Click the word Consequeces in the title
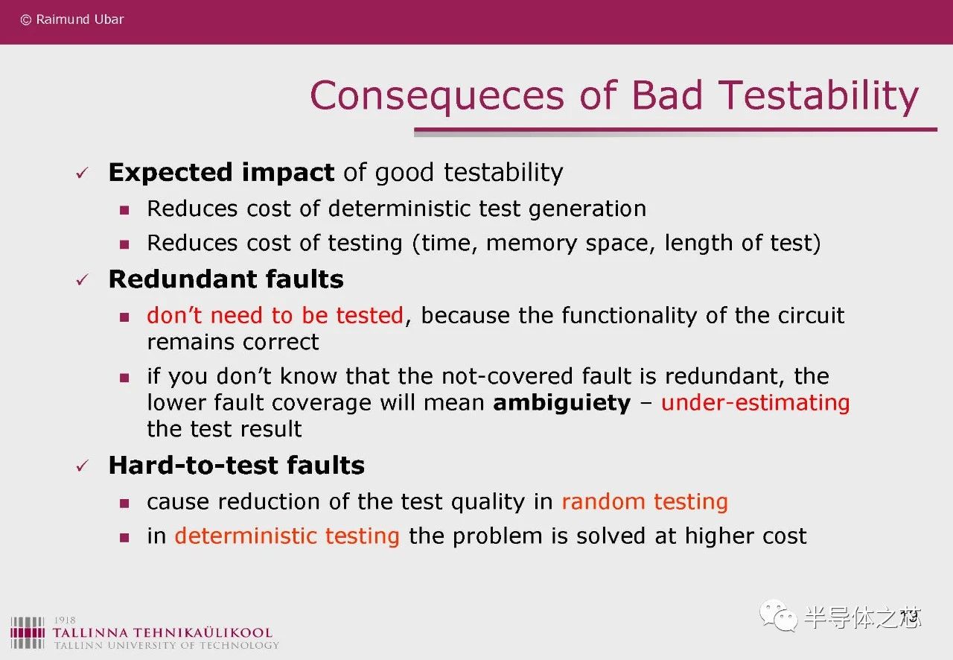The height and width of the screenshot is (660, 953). [437, 97]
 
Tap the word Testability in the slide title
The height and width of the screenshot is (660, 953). [818, 97]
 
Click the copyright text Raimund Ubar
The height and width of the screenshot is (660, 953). [80, 19]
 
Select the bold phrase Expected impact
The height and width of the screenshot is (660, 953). [221, 173]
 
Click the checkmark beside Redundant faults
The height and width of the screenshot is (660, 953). [82, 280]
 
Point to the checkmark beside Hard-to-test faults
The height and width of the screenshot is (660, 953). [82, 466]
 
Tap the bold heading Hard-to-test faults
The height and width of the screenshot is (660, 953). [237, 465]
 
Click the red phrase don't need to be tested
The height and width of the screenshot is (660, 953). [275, 316]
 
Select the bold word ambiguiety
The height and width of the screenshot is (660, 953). [561, 403]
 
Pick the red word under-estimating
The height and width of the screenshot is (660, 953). [755, 402]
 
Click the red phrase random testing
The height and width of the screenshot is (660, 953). [645, 502]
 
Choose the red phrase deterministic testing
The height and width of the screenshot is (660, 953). [287, 536]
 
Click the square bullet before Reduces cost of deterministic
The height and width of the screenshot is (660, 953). [124, 210]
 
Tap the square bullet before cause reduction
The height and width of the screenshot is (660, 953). [124, 504]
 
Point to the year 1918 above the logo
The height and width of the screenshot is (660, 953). [65, 620]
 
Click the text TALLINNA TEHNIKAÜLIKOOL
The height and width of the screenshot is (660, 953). [162, 632]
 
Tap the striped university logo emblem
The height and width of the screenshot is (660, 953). [28, 632]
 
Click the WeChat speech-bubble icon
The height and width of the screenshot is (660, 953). [778, 616]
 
